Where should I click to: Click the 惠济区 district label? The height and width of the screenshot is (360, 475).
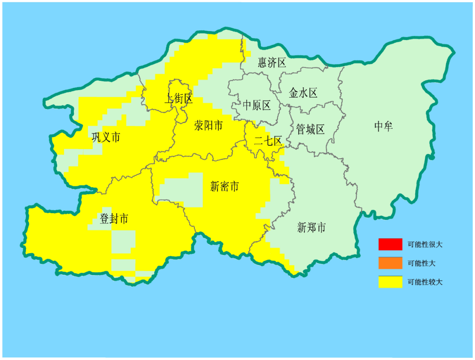coord(272,62)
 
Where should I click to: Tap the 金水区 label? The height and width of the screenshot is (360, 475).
coord(303,93)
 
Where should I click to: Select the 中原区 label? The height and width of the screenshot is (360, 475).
coord(257,105)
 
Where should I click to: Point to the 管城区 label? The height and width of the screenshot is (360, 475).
coord(310,129)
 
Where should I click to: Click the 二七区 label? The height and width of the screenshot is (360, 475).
coord(268,141)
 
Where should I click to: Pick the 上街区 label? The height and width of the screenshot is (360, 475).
coord(179,98)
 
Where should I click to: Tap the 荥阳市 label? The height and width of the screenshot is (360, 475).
coord(208,126)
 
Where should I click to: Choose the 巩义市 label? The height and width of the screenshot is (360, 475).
coord(106,137)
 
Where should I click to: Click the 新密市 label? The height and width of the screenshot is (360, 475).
coord(224,187)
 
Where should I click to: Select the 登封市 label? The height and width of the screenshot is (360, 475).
coord(114,218)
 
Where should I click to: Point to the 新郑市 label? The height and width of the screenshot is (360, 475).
coord(311,228)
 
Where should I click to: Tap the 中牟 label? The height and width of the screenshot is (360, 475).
coord(383,127)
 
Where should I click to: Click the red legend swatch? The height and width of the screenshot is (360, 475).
coord(390,244)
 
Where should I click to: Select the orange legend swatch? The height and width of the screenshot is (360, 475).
coord(390,263)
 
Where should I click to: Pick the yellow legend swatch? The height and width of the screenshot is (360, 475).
coord(390,282)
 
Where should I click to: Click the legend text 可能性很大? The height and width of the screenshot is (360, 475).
coord(425,244)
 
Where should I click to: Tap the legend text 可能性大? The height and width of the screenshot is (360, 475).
coord(421,263)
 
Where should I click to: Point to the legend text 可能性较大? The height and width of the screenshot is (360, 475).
coord(425,282)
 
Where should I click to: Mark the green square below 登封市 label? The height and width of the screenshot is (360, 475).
coord(123,241)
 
